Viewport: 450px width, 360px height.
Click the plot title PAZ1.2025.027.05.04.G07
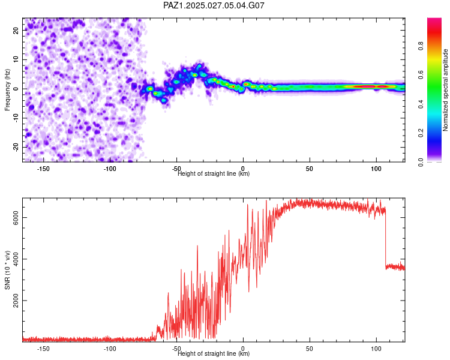214,5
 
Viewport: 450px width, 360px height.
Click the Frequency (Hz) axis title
7,90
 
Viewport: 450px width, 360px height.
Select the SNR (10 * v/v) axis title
7,270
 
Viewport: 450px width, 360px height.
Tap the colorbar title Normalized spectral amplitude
445,90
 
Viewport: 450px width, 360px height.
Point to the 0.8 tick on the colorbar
421,46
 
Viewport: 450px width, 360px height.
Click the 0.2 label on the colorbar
421,133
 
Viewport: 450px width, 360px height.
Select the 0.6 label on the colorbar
421,74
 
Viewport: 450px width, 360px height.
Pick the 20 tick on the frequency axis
16,30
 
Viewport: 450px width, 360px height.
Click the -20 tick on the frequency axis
16,147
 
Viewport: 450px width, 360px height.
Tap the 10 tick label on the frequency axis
16,59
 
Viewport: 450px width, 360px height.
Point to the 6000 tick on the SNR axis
16,217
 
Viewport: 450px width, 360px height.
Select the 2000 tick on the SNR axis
16,301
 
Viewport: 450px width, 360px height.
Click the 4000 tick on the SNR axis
16,259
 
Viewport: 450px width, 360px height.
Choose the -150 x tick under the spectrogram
43,169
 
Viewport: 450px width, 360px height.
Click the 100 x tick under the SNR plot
376,349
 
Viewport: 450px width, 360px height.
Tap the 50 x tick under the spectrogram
310,169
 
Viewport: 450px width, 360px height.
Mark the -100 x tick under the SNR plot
110,349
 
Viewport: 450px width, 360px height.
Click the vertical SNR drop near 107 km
386,238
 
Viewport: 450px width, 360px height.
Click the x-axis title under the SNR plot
214,353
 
